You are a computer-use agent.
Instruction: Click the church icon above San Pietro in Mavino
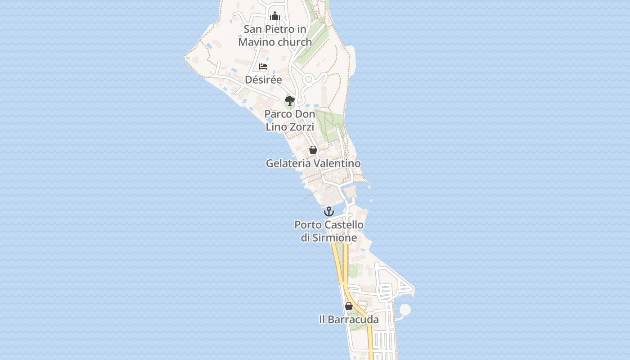coord(275,16)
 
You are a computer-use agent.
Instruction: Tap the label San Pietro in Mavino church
coord(275,36)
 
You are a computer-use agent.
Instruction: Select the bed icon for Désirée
coord(263,67)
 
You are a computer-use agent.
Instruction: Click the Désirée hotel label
coord(263,80)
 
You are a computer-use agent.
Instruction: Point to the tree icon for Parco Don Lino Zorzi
coord(290,100)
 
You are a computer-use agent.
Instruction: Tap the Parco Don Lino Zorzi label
coord(290,120)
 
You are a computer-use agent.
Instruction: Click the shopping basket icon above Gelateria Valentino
coord(313,150)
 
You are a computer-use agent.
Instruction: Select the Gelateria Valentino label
coord(313,163)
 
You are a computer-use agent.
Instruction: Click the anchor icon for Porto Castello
coord(329,211)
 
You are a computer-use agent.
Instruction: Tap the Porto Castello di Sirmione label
coord(329,231)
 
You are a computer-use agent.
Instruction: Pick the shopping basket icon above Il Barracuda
coord(349,306)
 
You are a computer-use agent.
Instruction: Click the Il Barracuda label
coord(349,319)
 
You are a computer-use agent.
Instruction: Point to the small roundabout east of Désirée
coord(309,80)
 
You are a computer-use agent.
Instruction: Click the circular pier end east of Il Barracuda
coord(405,310)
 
